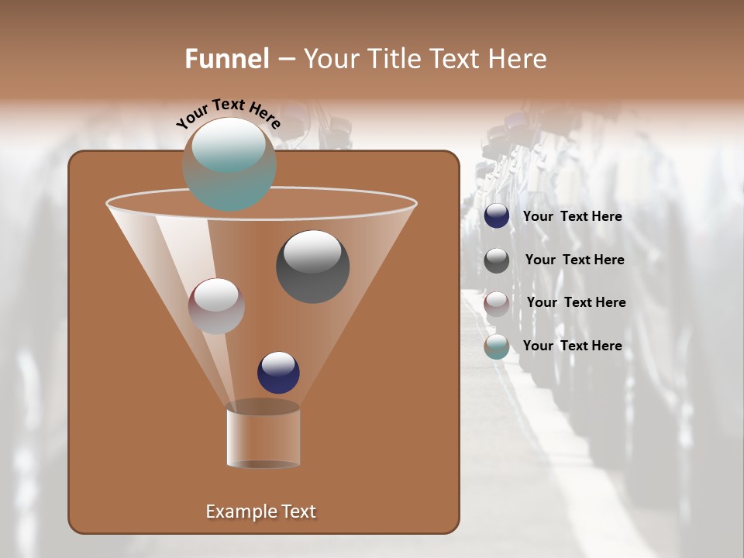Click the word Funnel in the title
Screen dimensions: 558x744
(227, 59)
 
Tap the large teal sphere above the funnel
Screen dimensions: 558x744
(229, 164)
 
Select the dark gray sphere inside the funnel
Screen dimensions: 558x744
(312, 267)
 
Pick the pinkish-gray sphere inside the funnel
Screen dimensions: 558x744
(216, 306)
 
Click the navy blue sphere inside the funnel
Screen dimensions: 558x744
(278, 373)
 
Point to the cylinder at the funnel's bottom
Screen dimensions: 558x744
(263, 436)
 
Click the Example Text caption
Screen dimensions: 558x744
(260, 511)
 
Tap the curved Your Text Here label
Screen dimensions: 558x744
(228, 112)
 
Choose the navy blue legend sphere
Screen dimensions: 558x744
(497, 216)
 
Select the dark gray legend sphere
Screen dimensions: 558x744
(497, 260)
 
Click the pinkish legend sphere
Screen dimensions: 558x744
(497, 304)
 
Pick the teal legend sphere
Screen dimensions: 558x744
(497, 346)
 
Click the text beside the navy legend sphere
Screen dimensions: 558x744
(572, 217)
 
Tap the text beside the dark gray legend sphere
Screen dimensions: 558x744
(574, 260)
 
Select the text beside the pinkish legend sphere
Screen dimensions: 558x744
(576, 303)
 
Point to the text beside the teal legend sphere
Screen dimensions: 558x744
(572, 346)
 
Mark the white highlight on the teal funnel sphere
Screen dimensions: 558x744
(228, 145)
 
